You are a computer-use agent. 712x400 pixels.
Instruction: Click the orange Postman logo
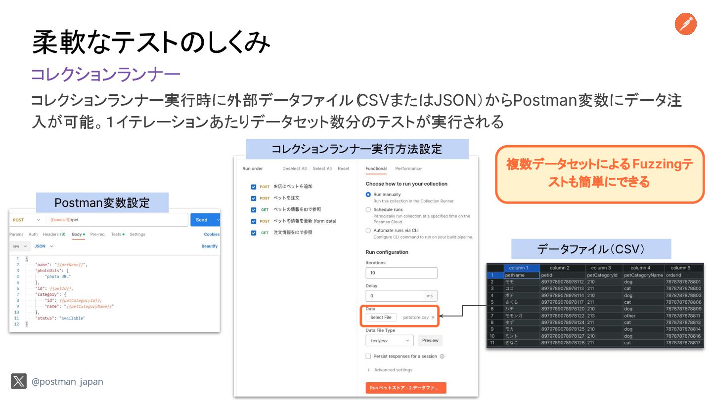pyautogui.click(x=685, y=24)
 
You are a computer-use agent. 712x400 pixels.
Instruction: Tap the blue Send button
pyautogui.click(x=202, y=220)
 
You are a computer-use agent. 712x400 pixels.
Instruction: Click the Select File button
pyautogui.click(x=381, y=318)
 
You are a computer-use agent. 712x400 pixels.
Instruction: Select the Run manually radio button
pyautogui.click(x=368, y=195)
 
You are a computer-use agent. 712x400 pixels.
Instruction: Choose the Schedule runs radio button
pyautogui.click(x=368, y=210)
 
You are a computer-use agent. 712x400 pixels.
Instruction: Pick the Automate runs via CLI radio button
pyautogui.click(x=368, y=230)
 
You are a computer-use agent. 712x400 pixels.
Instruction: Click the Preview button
pyautogui.click(x=430, y=340)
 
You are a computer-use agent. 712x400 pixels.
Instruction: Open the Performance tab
pyautogui.click(x=408, y=169)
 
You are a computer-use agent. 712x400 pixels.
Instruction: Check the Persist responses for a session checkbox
pyautogui.click(x=368, y=356)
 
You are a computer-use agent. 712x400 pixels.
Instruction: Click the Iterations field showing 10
pyautogui.click(x=401, y=273)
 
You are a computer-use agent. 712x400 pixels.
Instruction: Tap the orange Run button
pyautogui.click(x=405, y=388)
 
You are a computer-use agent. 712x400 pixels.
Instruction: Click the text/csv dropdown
pyautogui.click(x=389, y=340)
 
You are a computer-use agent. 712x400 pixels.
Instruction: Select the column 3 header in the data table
pyautogui.click(x=601, y=268)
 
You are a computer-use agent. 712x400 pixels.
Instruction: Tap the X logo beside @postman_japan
pyautogui.click(x=19, y=381)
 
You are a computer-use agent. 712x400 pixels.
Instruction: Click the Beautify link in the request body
pyautogui.click(x=209, y=246)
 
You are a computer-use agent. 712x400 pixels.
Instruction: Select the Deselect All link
pyautogui.click(x=294, y=169)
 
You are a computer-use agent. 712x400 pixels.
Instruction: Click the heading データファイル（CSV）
pyautogui.click(x=591, y=249)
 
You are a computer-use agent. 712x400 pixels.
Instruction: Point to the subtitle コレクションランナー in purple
pyautogui.click(x=105, y=75)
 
